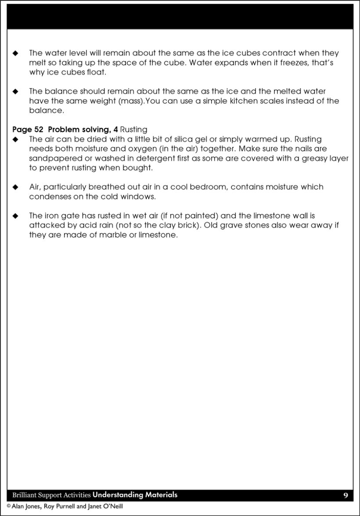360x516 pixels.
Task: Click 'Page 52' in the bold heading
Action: click(28, 129)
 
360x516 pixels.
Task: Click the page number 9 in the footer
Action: click(346, 495)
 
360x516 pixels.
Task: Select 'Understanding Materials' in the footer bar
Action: click(135, 495)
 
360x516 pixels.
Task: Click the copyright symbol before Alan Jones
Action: click(8, 506)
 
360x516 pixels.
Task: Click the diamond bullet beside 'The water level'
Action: click(16, 54)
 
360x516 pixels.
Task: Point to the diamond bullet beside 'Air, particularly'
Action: click(16, 187)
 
